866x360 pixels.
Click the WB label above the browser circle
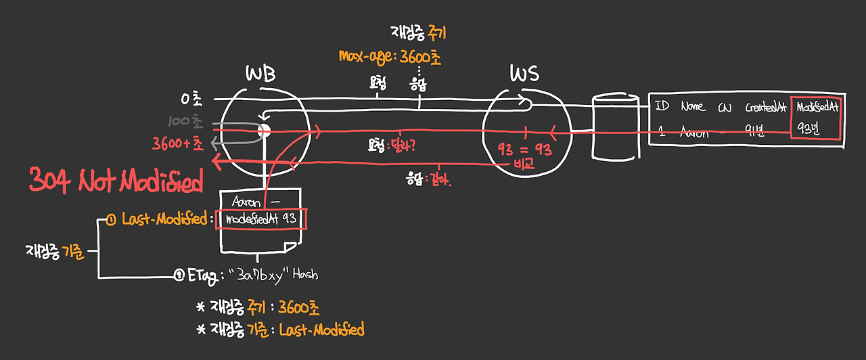(261, 75)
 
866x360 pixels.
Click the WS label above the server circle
(525, 74)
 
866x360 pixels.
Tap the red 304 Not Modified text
(116, 181)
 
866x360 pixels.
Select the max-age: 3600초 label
(390, 57)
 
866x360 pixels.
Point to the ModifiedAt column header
(818, 107)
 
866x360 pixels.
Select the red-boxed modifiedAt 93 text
(261, 219)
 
